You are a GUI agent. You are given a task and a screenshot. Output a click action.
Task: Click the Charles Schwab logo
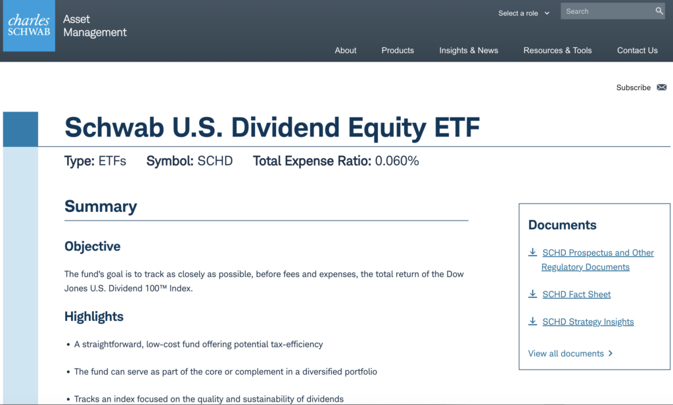pyautogui.click(x=29, y=26)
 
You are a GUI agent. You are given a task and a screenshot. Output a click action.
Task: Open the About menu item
pyautogui.click(x=346, y=51)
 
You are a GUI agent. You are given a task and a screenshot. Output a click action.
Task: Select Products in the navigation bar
pyautogui.click(x=398, y=51)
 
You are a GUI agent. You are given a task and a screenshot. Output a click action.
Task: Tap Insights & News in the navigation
pyautogui.click(x=469, y=51)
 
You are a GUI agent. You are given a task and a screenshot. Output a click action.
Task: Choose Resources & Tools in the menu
pyautogui.click(x=557, y=51)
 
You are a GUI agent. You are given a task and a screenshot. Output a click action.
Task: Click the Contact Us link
pyautogui.click(x=638, y=51)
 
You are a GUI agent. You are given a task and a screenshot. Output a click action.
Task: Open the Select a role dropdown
pyautogui.click(x=524, y=13)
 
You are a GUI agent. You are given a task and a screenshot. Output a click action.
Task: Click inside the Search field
pyautogui.click(x=607, y=11)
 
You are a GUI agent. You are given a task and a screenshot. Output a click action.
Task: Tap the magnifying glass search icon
pyautogui.click(x=659, y=11)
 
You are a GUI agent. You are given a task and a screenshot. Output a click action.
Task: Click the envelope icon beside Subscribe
pyautogui.click(x=662, y=87)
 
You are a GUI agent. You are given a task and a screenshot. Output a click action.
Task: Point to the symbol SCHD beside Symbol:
pyautogui.click(x=215, y=161)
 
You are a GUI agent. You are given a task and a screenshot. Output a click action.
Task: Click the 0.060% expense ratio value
pyautogui.click(x=397, y=161)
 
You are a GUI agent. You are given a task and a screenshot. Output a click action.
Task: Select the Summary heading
pyautogui.click(x=101, y=207)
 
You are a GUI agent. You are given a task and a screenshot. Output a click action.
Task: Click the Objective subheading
pyautogui.click(x=92, y=246)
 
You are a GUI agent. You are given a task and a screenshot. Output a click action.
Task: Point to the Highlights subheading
pyautogui.click(x=94, y=317)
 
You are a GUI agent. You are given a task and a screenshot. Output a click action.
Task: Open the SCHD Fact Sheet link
pyautogui.click(x=576, y=295)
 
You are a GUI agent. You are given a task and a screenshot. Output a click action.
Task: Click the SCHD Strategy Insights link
pyautogui.click(x=588, y=322)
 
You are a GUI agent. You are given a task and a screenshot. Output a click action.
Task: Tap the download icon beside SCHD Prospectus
pyautogui.click(x=532, y=252)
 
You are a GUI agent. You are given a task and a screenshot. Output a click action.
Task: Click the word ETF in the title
pyautogui.click(x=457, y=128)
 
